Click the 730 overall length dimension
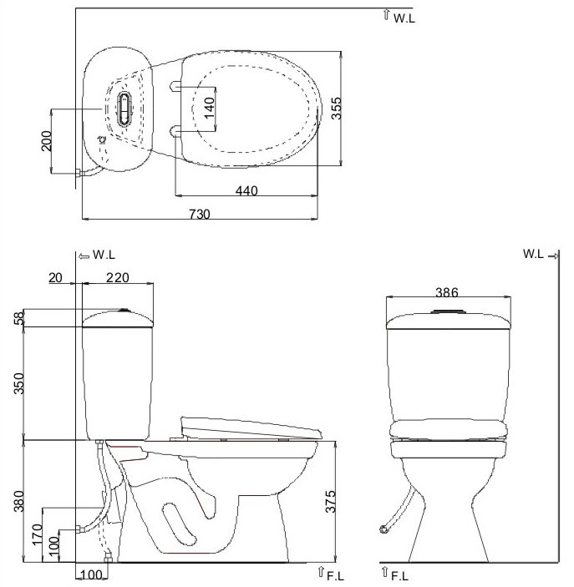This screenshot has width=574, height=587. click(x=200, y=214)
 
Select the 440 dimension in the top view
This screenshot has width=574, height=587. click(x=246, y=190)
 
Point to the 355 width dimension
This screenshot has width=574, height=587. click(x=337, y=109)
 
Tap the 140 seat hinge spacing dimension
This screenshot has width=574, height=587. click(x=210, y=108)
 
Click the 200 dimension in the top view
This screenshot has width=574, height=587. click(x=47, y=141)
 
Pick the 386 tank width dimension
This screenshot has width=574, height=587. click(x=447, y=292)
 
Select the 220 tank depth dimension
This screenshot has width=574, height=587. click(x=117, y=277)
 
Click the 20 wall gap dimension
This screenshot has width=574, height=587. click(x=55, y=278)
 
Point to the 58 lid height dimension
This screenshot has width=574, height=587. click(x=18, y=318)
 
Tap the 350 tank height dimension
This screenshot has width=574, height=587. click(x=18, y=383)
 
